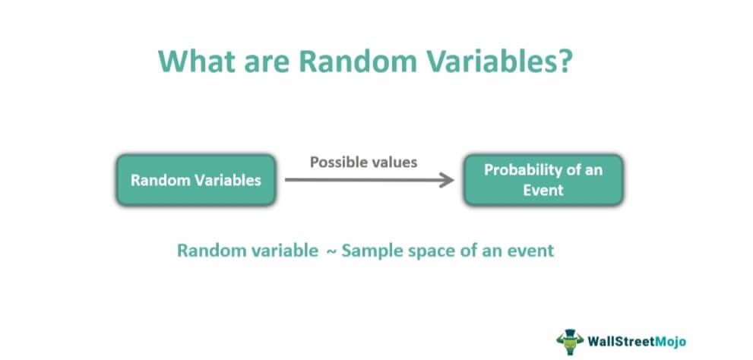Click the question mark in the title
pos(565,60)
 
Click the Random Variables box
pos(196,180)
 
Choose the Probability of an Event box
pos(543,180)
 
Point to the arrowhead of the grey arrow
pos(448,180)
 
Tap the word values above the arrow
pos(392,163)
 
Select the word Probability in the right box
pos(523,170)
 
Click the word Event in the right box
pos(543,190)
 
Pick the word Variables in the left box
pos(229,181)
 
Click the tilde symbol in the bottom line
pos(331,251)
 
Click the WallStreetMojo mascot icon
pos(570,341)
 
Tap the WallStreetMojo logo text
pos(637,342)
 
